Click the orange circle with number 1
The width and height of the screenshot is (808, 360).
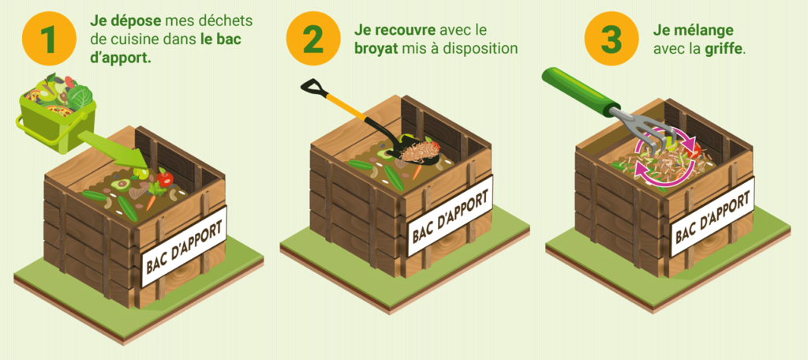coord(48,39)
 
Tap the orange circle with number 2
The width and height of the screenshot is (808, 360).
coord(312,39)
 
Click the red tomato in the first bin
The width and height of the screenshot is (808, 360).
coord(164,180)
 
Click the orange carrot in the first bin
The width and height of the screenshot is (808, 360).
coord(151,192)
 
